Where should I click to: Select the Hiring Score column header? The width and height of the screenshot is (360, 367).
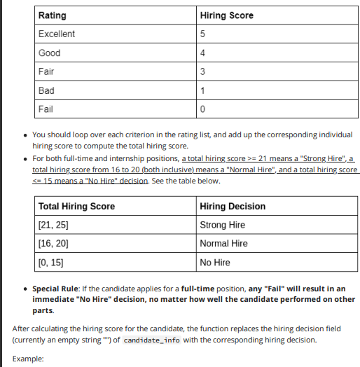pyautogui.click(x=226, y=15)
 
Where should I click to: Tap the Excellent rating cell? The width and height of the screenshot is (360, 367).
pyautogui.click(x=57, y=34)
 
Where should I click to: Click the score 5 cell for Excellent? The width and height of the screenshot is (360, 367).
pyautogui.click(x=202, y=34)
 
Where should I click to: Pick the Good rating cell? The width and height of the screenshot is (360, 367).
pyautogui.click(x=50, y=53)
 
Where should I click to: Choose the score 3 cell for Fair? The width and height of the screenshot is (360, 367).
pyautogui.click(x=202, y=71)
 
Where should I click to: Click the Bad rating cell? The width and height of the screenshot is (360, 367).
pyautogui.click(x=47, y=90)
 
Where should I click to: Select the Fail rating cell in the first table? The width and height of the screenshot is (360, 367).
pyautogui.click(x=46, y=109)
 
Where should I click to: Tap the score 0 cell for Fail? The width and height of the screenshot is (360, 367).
pyautogui.click(x=202, y=109)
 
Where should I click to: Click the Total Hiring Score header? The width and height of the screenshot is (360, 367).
pyautogui.click(x=77, y=206)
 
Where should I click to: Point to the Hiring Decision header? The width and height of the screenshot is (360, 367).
pyautogui.click(x=233, y=206)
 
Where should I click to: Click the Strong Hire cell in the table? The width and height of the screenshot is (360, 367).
pyautogui.click(x=223, y=225)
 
